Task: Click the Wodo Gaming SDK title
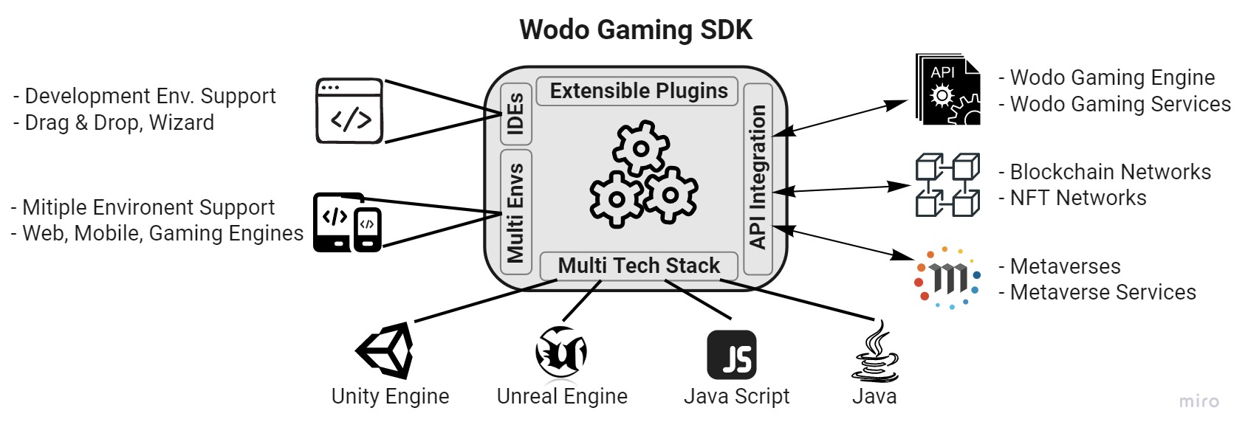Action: pyautogui.click(x=636, y=30)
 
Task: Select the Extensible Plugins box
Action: pyautogui.click(x=638, y=91)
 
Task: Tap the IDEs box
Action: pyautogui.click(x=516, y=114)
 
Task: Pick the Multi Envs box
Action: pyautogui.click(x=516, y=212)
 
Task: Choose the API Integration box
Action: pyautogui.click(x=758, y=178)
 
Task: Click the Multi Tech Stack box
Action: pyautogui.click(x=639, y=266)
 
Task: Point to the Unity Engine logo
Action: pyautogui.click(x=386, y=350)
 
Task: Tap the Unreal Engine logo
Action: pyautogui.click(x=561, y=352)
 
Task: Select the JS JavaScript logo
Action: pyautogui.click(x=732, y=355)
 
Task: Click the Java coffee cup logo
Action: pyautogui.click(x=876, y=352)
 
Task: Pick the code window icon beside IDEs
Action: pyautogui.click(x=350, y=111)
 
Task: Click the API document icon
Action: pyautogui.click(x=948, y=89)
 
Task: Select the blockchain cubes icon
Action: pyautogui.click(x=947, y=184)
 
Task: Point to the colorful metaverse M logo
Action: pyautogui.click(x=948, y=277)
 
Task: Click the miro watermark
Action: pyautogui.click(x=1199, y=401)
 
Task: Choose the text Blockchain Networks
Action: pyautogui.click(x=1111, y=172)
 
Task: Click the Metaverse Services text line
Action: pyautogui.click(x=1103, y=292)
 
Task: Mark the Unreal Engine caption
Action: pyautogui.click(x=562, y=396)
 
